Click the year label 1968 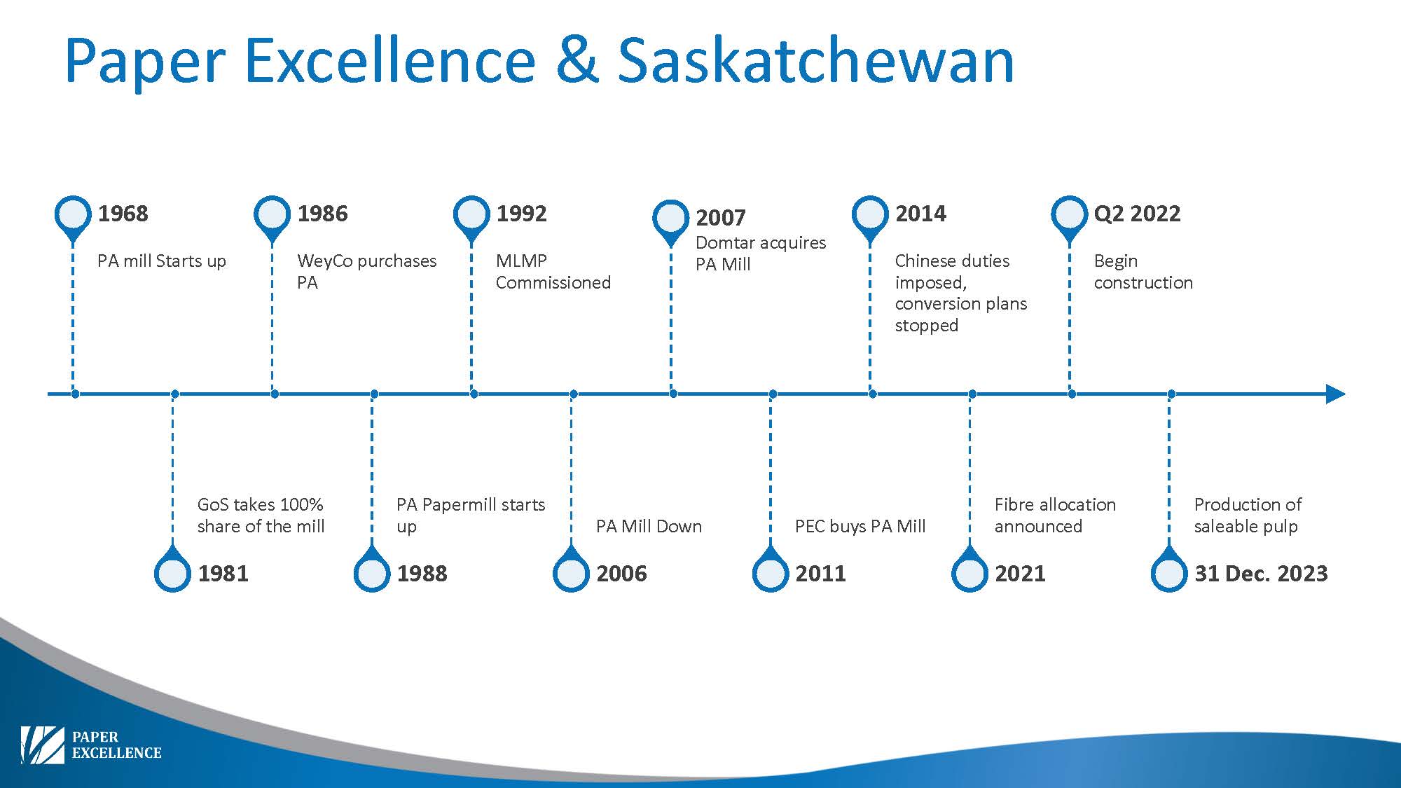click(x=123, y=214)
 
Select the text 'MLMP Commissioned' click(x=553, y=271)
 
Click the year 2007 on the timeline click(x=720, y=218)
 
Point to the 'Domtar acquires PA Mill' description click(x=760, y=254)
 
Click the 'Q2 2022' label click(x=1137, y=214)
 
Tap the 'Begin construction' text click(x=1143, y=272)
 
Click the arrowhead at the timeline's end click(x=1336, y=394)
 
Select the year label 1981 click(x=223, y=574)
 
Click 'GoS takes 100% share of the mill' click(x=261, y=515)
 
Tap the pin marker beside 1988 click(x=372, y=570)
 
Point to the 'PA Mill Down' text click(x=649, y=526)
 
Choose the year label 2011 click(x=820, y=574)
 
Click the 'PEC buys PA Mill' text click(x=860, y=526)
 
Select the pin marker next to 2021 click(x=970, y=570)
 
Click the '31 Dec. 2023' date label click(x=1261, y=574)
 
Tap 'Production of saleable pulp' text click(x=1248, y=515)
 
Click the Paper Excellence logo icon click(x=42, y=745)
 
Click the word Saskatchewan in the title click(x=815, y=60)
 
